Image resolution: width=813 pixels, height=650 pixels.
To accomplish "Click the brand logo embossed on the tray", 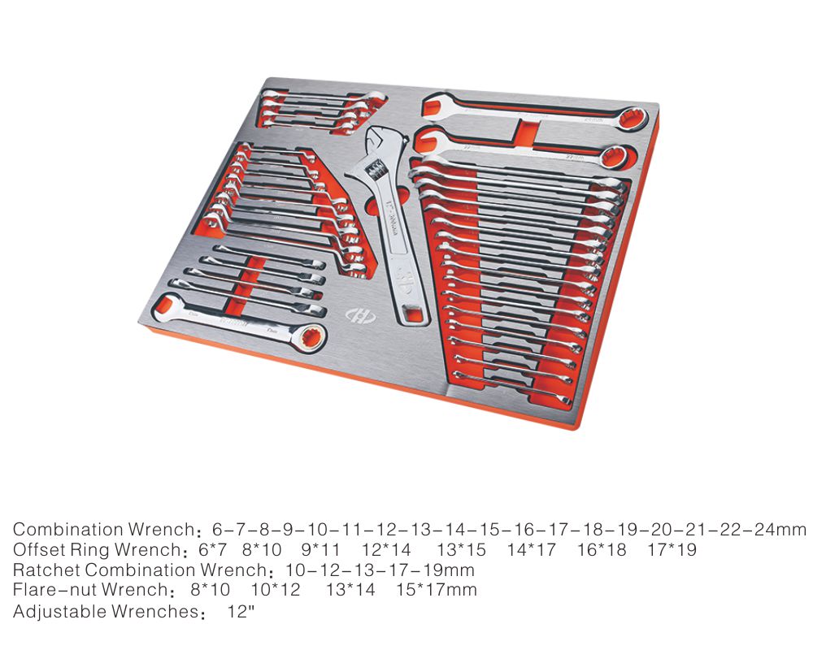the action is coord(361,315).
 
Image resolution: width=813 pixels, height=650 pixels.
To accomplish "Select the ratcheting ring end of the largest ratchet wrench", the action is coord(311,337).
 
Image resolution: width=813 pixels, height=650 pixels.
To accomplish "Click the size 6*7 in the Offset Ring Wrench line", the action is coord(212,550).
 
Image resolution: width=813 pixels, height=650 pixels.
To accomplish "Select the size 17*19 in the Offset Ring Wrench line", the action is coord(672,550).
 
